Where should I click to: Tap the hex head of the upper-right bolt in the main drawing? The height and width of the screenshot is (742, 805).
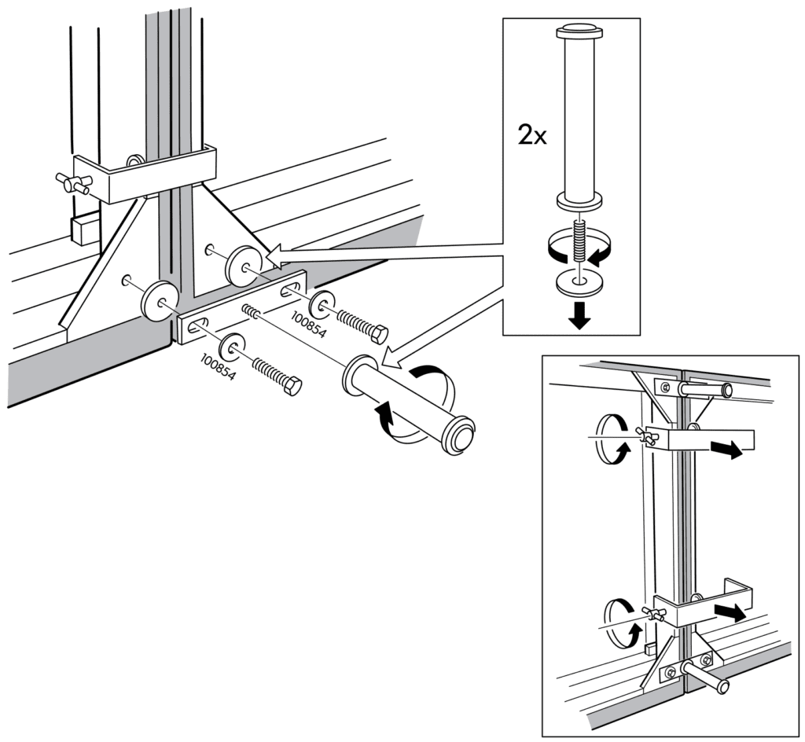[377, 335]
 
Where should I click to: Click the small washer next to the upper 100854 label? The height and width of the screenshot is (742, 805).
[321, 304]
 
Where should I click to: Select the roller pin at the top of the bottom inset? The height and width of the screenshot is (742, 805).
[705, 389]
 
